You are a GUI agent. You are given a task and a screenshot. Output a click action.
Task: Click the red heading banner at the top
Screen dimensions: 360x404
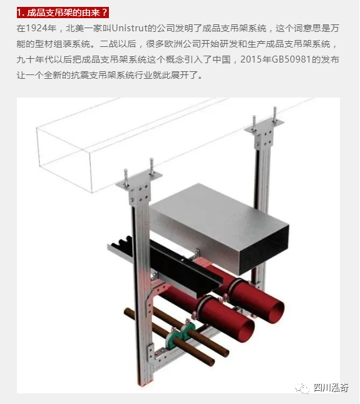coord(63,13)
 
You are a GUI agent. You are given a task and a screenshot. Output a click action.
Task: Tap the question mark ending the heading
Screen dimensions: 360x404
coord(105,13)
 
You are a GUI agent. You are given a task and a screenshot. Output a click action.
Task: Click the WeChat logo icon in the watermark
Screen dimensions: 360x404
coord(302,387)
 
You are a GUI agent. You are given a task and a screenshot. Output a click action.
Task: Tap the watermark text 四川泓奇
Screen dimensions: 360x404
coord(331,387)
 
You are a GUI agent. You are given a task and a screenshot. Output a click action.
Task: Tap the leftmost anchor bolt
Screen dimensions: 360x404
coord(126,177)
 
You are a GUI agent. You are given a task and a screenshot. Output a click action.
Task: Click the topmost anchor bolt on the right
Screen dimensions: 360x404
coord(275,114)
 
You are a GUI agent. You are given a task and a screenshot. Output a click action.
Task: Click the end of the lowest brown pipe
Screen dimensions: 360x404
coord(212,362)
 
